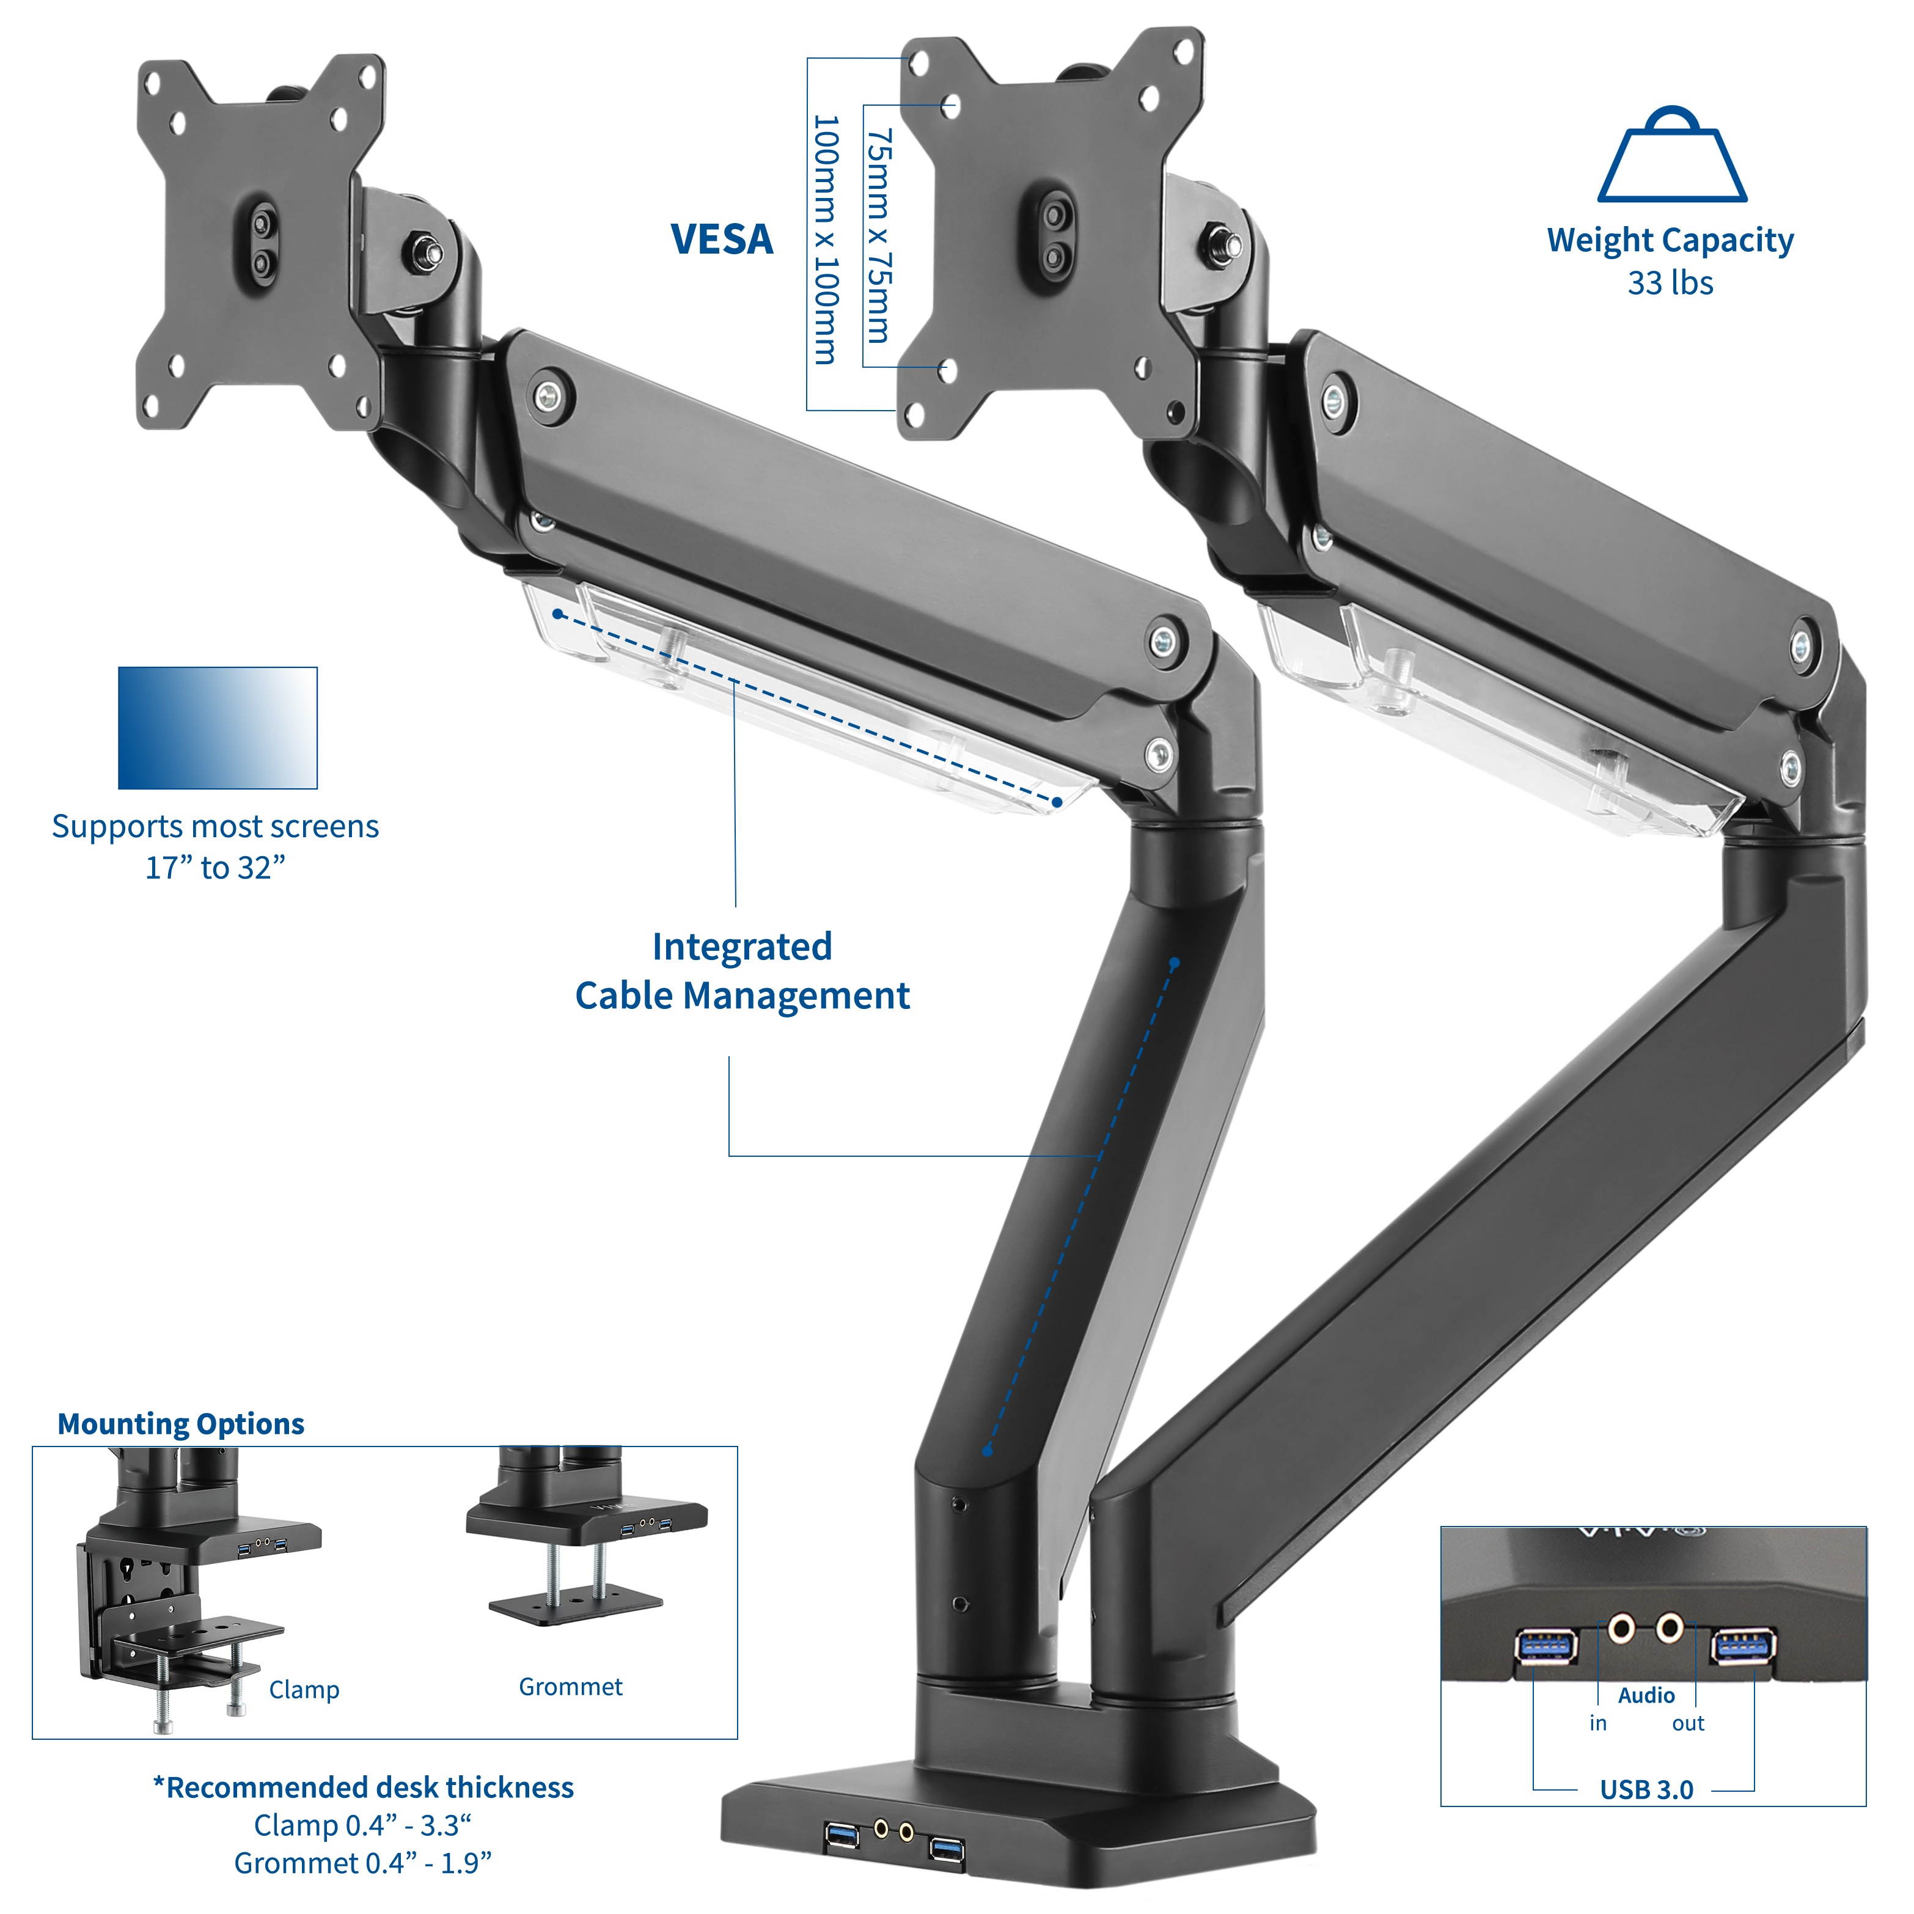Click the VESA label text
click(x=721, y=240)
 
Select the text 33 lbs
click(x=1670, y=284)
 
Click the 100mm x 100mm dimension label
click(x=825, y=240)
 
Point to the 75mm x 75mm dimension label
click(x=879, y=236)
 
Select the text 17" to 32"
click(x=215, y=868)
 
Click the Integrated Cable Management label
click(x=742, y=971)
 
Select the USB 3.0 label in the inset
click(x=1646, y=1789)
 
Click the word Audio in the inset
click(x=1646, y=1695)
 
